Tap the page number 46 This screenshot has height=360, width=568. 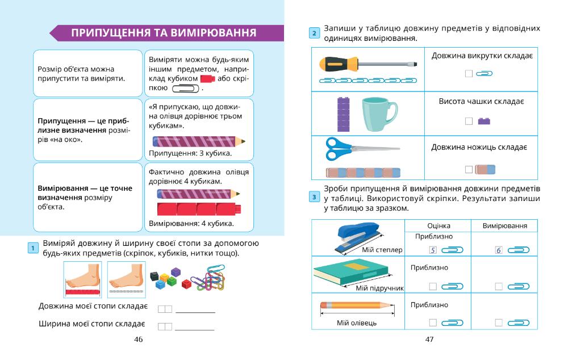click(138, 340)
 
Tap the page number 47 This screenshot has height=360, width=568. click(429, 340)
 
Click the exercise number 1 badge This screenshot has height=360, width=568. click(33, 248)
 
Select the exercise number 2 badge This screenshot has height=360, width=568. click(314, 34)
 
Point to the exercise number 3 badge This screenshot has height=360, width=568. click(314, 198)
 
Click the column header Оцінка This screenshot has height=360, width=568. click(438, 225)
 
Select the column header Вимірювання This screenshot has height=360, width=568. click(505, 225)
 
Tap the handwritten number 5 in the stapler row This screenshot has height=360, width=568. click(433, 250)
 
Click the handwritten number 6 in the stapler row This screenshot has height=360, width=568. click(499, 250)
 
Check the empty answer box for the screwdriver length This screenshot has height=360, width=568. click(469, 73)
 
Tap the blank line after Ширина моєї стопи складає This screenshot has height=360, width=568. click(195, 329)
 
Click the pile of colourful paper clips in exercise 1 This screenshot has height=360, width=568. click(207, 278)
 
